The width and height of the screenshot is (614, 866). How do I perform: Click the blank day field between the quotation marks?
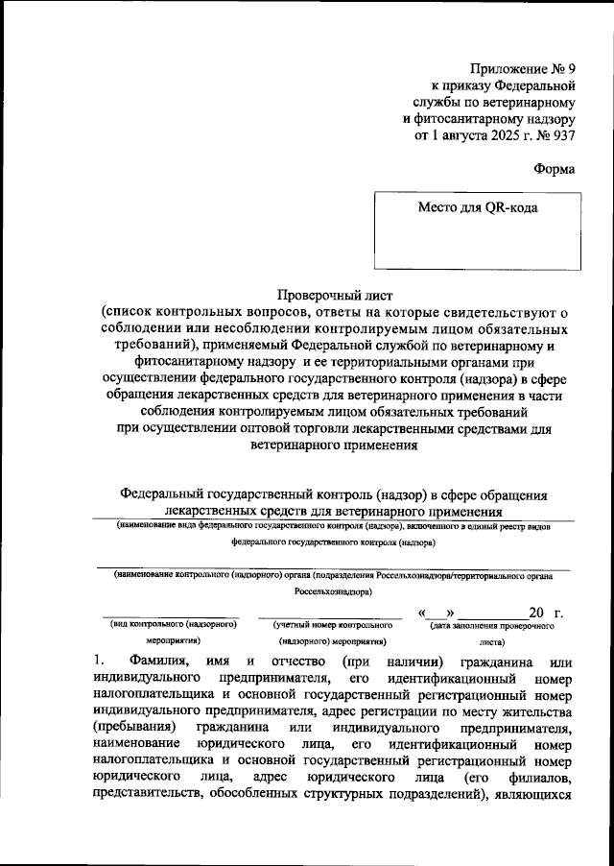437,613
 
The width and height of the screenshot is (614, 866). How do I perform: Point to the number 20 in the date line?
537,613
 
